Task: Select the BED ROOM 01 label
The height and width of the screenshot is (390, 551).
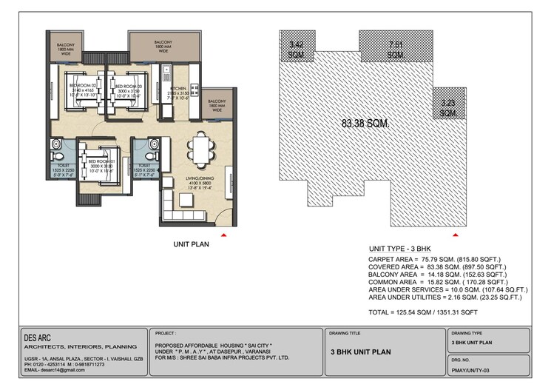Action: pyautogui.click(x=101, y=161)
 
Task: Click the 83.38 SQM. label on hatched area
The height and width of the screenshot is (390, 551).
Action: pyautogui.click(x=366, y=123)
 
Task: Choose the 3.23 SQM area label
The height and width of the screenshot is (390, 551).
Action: pyautogui.click(x=447, y=108)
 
